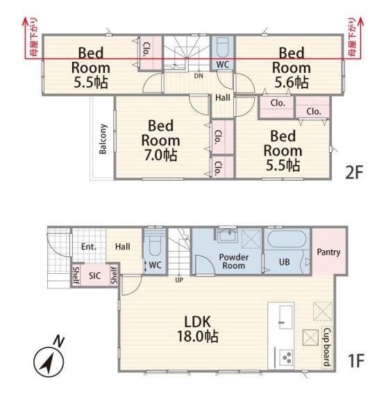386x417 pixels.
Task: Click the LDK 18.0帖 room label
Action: pyautogui.click(x=198, y=329)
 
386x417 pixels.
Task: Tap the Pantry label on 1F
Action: pyautogui.click(x=328, y=252)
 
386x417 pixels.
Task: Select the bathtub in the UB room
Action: pyautogui.click(x=287, y=238)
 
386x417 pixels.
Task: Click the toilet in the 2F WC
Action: pyautogui.click(x=222, y=47)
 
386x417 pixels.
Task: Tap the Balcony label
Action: pyautogui.click(x=103, y=139)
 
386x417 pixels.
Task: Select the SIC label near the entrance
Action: pyautogui.click(x=94, y=275)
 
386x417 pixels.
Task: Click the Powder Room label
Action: pyautogui.click(x=233, y=261)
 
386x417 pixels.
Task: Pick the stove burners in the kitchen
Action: pyautogui.click(x=287, y=357)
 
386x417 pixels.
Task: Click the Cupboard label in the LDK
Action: pyautogui.click(x=327, y=347)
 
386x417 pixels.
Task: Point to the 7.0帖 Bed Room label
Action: pyautogui.click(x=160, y=140)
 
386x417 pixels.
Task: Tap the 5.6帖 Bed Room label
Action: pyautogui.click(x=292, y=67)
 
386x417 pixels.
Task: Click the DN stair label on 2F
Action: pyautogui.click(x=199, y=76)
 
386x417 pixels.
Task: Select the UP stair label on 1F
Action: pyautogui.click(x=179, y=280)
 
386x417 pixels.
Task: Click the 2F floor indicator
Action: pyautogui.click(x=354, y=172)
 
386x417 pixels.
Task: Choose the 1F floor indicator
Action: pyautogui.click(x=355, y=361)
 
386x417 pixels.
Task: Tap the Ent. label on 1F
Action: pyautogui.click(x=89, y=247)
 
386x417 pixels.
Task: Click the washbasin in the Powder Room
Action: pyautogui.click(x=228, y=236)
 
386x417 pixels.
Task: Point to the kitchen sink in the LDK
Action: pyautogui.click(x=286, y=317)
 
